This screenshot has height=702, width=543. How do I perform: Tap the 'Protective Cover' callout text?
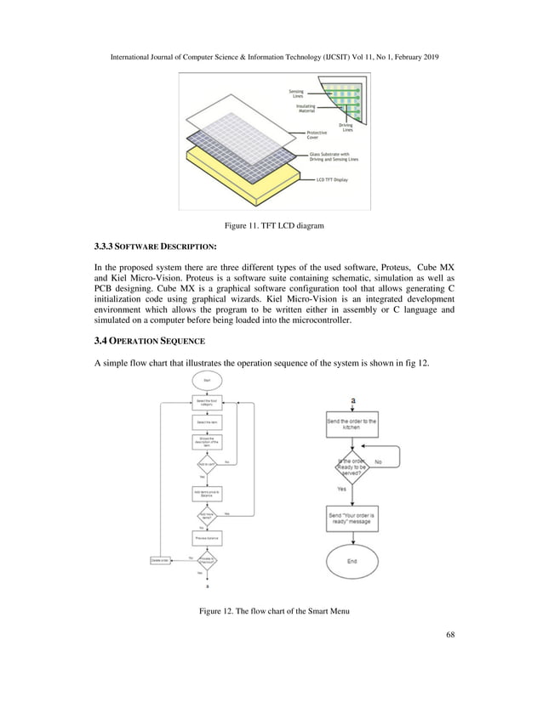pyautogui.click(x=318, y=134)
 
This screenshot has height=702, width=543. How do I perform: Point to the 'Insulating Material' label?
pyautogui.click(x=306, y=109)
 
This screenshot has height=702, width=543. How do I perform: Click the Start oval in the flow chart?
pyautogui.click(x=207, y=382)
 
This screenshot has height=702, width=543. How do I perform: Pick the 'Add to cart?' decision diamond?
pyautogui.click(x=207, y=464)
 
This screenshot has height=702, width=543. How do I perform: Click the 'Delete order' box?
pyautogui.click(x=160, y=559)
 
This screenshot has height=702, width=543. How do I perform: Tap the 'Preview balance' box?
pyautogui.click(x=207, y=538)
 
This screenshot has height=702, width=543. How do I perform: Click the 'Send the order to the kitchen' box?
pyautogui.click(x=352, y=424)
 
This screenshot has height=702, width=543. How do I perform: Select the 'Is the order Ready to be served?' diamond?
pyautogui.click(x=352, y=467)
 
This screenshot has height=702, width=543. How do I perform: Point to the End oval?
pyautogui.click(x=352, y=562)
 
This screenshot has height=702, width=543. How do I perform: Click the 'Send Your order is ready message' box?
pyautogui.click(x=352, y=518)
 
